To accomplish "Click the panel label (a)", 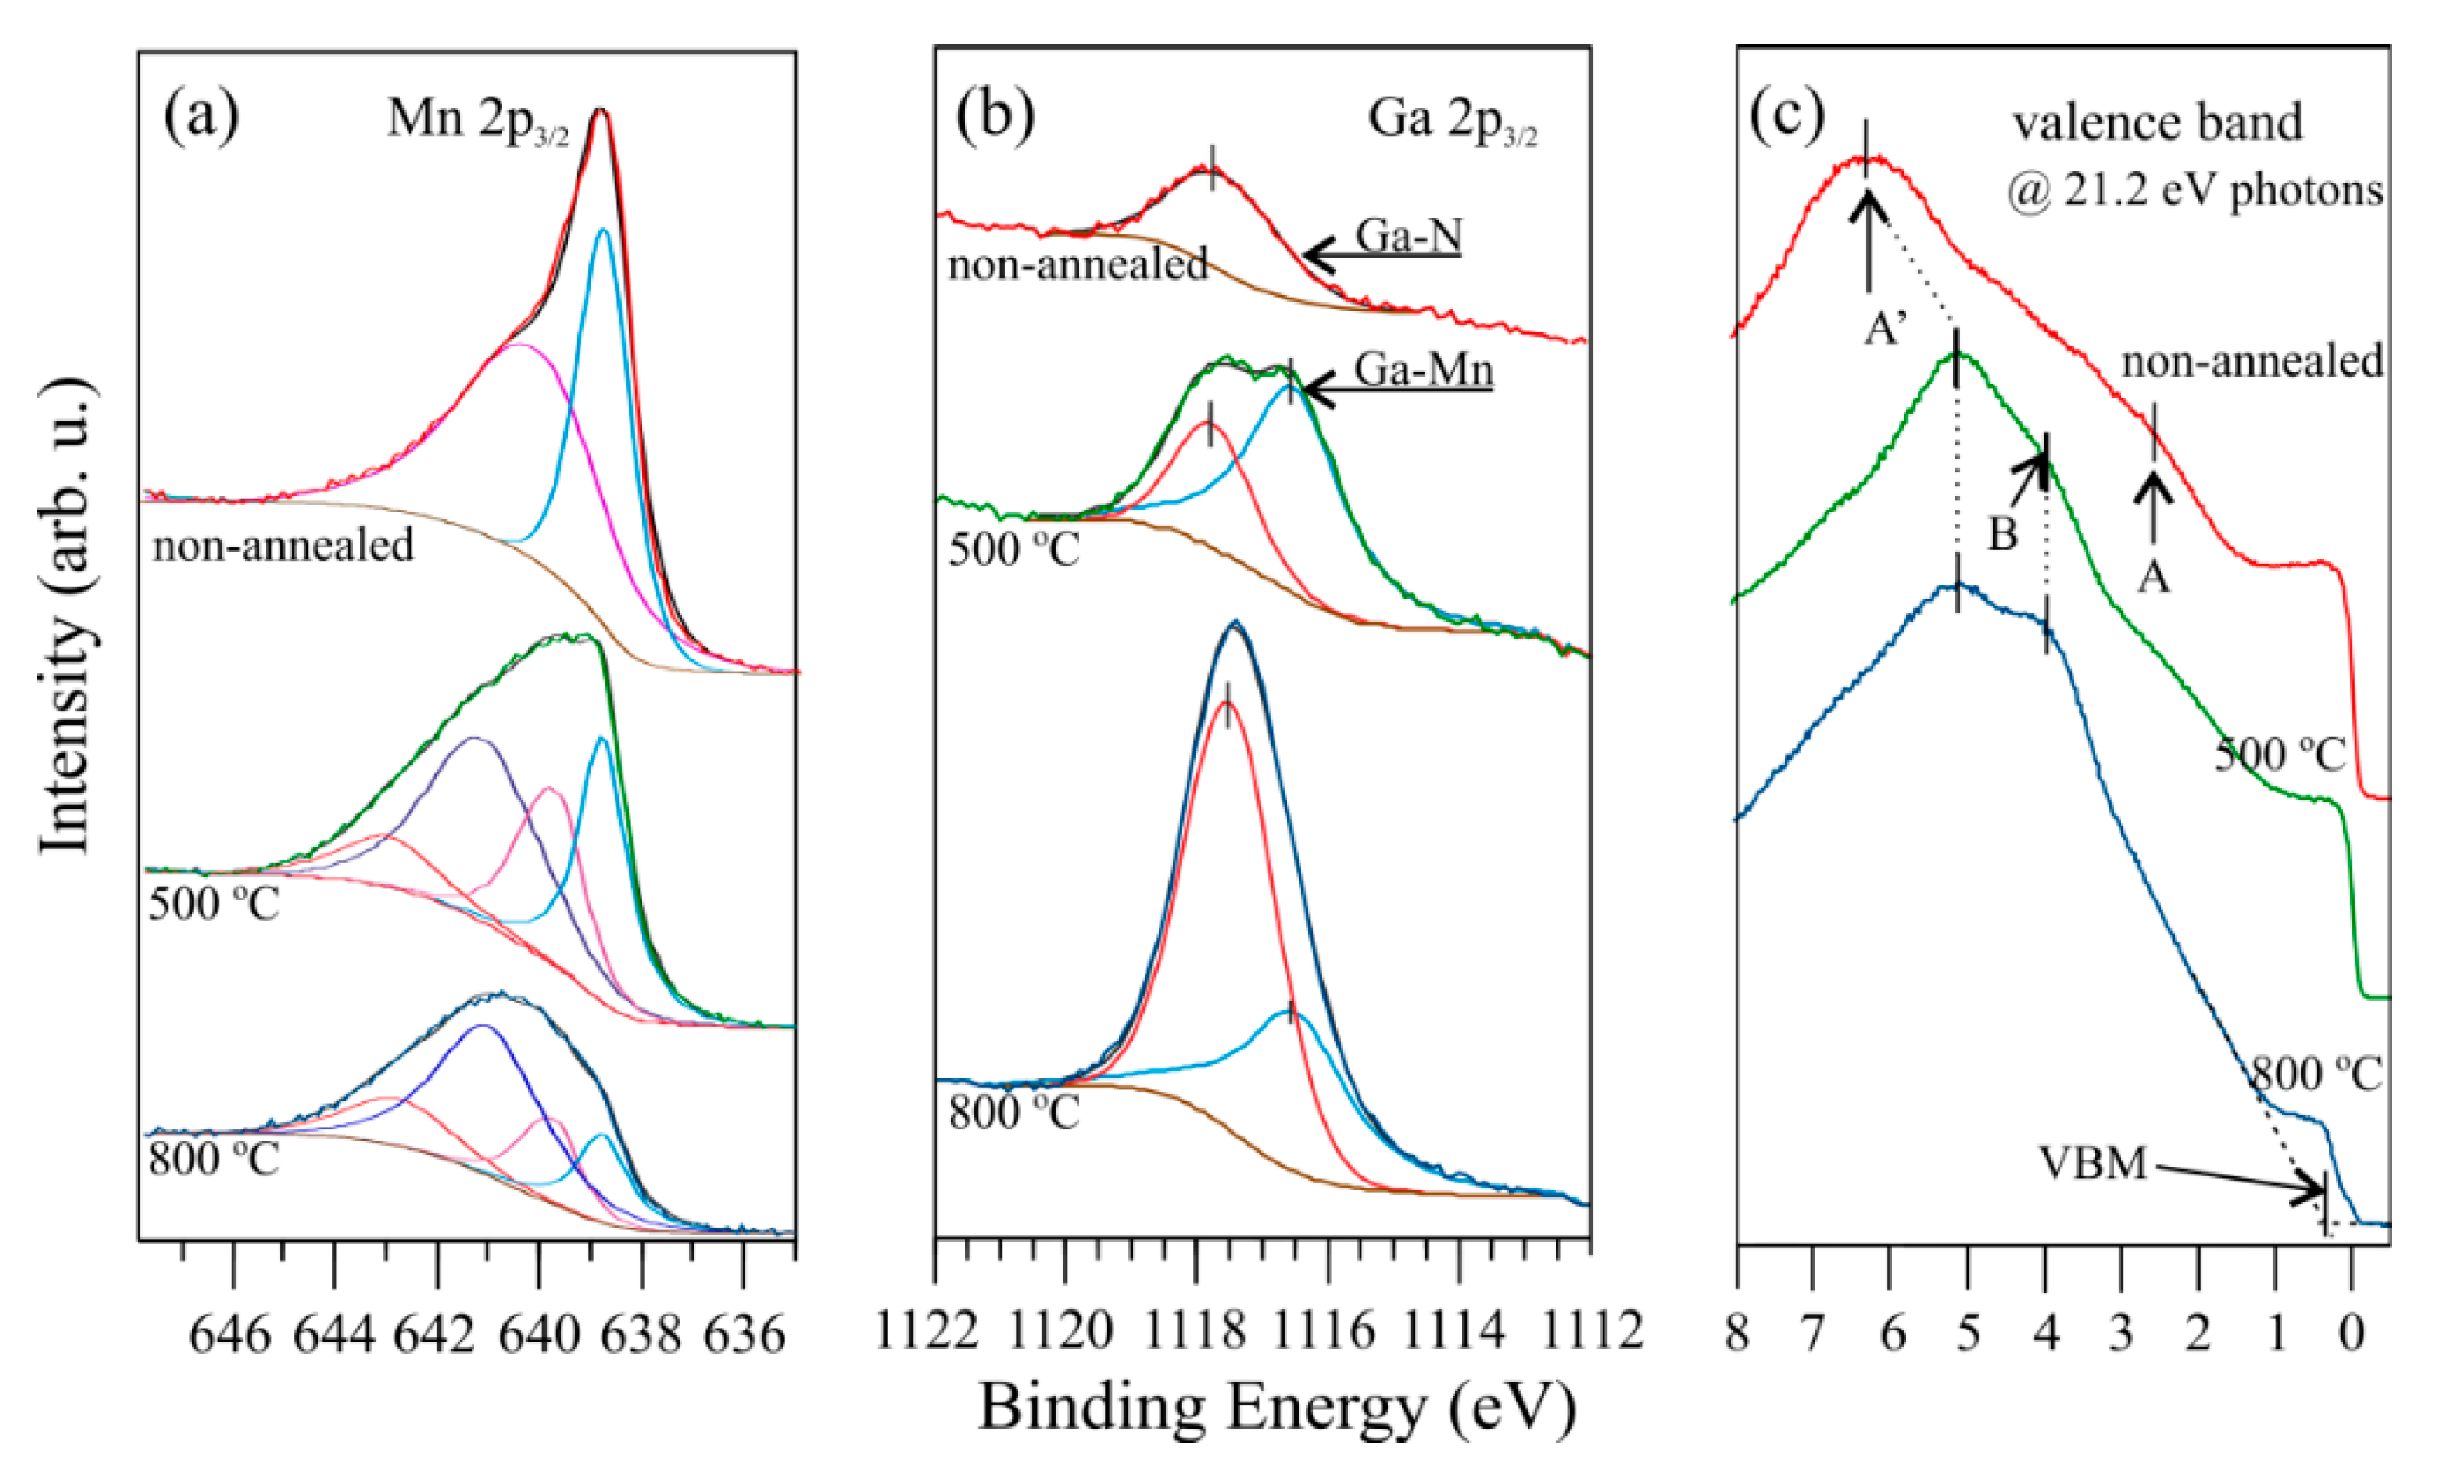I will click(x=202, y=117).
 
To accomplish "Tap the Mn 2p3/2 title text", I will click(x=477, y=122).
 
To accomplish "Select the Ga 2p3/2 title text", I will click(x=1452, y=122).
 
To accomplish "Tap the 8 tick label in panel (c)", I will click(x=1737, y=1335).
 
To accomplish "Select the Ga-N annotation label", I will click(x=1408, y=236).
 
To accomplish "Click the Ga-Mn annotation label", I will click(x=1423, y=371).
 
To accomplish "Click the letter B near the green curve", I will click(x=2001, y=534).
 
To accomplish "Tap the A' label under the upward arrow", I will click(x=1885, y=330).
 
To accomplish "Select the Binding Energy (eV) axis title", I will click(x=1277, y=1408).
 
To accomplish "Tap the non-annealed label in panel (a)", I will click(x=283, y=546).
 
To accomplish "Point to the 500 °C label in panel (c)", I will click(x=2279, y=754).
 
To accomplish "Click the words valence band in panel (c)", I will click(x=2157, y=124).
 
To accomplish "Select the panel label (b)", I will click(x=995, y=117).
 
